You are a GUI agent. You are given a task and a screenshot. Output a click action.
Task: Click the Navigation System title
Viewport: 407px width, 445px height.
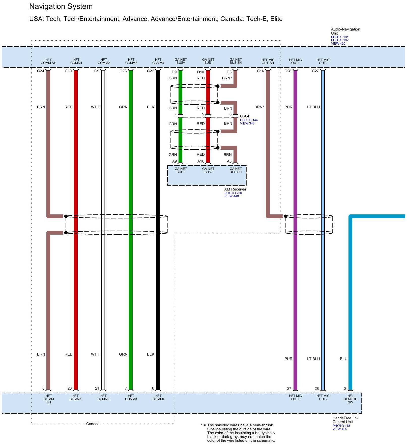(61, 7)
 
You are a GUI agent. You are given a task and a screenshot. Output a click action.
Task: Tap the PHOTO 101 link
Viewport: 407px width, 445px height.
(339, 37)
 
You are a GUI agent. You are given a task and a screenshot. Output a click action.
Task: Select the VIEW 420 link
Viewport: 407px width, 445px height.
(338, 44)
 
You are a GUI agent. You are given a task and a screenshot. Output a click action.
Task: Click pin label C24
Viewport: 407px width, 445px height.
(40, 71)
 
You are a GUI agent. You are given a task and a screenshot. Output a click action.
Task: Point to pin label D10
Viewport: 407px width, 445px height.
(200, 72)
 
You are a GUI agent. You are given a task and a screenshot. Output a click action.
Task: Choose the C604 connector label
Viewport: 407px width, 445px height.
(244, 116)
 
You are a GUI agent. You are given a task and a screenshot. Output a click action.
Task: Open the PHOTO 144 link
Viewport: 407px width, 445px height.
(249, 120)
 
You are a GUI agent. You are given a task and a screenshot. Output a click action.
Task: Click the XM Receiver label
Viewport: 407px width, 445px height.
(235, 189)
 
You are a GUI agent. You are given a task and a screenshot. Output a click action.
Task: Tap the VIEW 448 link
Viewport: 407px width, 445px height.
(231, 196)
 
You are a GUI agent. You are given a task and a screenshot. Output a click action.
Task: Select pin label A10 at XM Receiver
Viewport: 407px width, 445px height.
(201, 161)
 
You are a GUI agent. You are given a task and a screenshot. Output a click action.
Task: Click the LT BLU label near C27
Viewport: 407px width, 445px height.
(313, 107)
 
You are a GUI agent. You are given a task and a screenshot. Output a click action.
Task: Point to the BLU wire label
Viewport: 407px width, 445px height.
(343, 359)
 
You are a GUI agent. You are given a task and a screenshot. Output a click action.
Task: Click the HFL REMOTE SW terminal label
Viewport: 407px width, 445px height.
(350, 399)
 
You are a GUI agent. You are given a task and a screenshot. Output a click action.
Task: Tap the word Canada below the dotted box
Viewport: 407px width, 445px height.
(93, 424)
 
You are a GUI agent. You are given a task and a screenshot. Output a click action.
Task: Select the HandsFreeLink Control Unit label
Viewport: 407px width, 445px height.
(345, 420)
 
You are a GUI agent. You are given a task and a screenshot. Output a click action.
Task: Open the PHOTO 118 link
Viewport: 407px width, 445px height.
(341, 426)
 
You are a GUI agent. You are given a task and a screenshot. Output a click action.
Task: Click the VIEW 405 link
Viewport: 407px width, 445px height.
(339, 429)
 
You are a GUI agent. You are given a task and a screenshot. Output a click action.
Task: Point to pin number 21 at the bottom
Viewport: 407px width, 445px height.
(97, 388)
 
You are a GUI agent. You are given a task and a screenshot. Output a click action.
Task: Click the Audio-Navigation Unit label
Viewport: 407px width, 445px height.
(345, 31)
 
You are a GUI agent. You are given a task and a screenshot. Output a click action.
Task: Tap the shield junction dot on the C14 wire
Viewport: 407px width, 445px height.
(286, 216)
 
